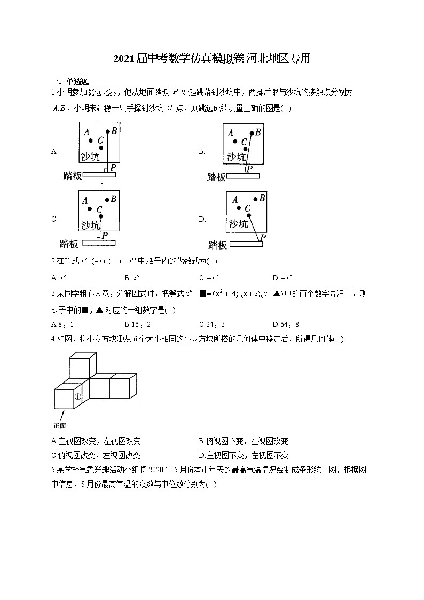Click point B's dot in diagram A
(108, 131)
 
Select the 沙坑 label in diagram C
(90, 225)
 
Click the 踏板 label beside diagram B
(216, 177)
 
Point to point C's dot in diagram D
(249, 216)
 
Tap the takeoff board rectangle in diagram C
(101, 243)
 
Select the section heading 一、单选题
(69, 81)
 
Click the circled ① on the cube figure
(77, 396)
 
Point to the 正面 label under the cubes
(59, 426)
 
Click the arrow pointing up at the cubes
(62, 415)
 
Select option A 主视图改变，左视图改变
(96, 441)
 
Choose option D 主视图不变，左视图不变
(244, 455)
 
